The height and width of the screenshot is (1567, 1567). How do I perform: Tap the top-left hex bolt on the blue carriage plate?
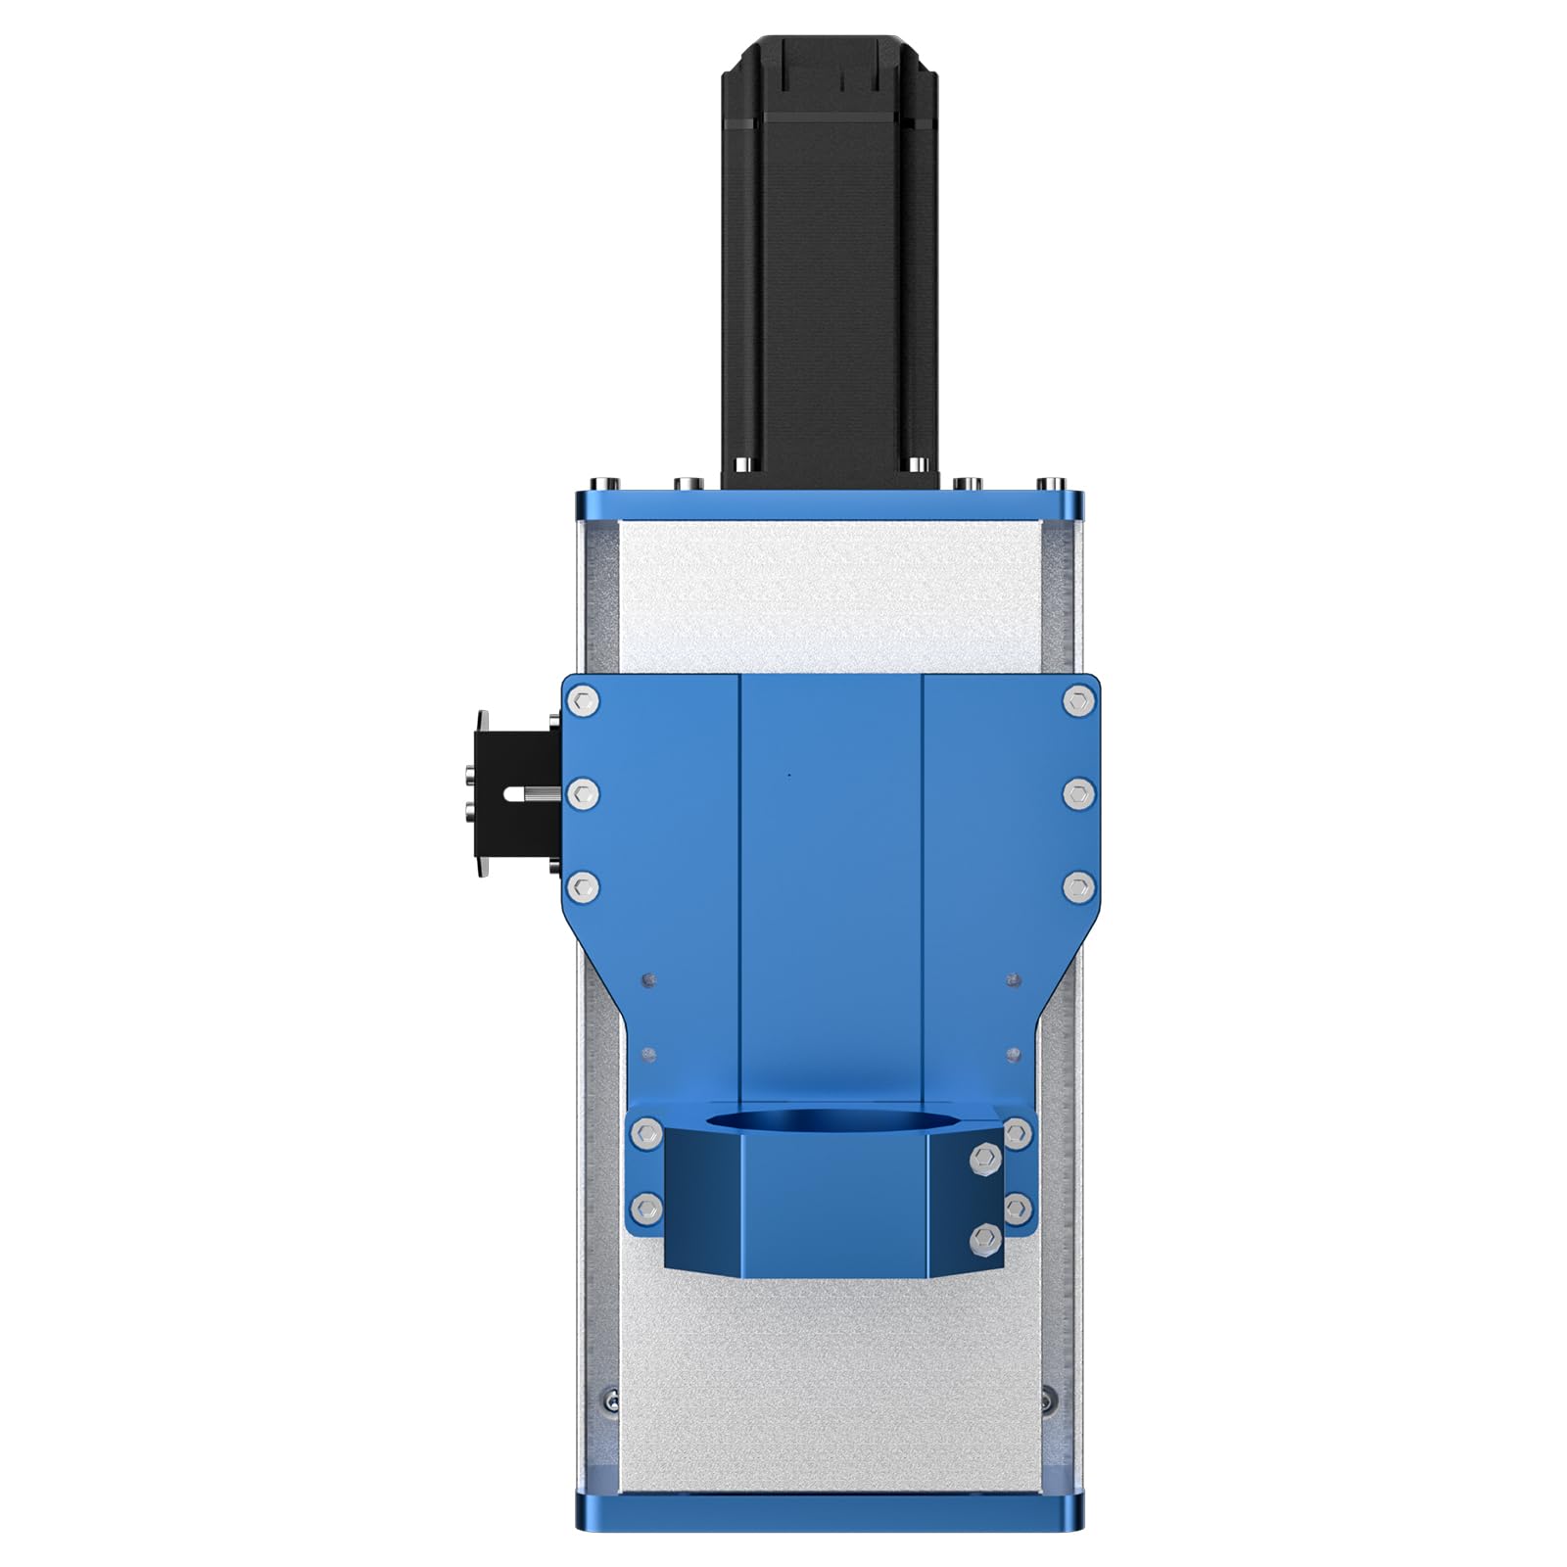coord(585,700)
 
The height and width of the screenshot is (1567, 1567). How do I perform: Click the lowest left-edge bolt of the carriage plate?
coord(585,887)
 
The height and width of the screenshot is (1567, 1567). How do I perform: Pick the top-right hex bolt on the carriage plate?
coord(1077,700)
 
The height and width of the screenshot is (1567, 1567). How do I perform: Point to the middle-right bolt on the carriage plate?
coord(1077,792)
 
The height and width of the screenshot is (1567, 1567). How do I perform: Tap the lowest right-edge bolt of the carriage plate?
coord(1077,887)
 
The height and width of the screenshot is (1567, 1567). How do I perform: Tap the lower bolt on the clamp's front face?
coord(986,1240)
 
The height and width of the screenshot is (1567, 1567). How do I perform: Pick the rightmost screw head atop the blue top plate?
coord(1054,483)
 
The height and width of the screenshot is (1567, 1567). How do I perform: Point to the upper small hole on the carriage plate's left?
coord(645,978)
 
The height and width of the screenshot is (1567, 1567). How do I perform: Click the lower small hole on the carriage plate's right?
coord(1014,1054)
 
